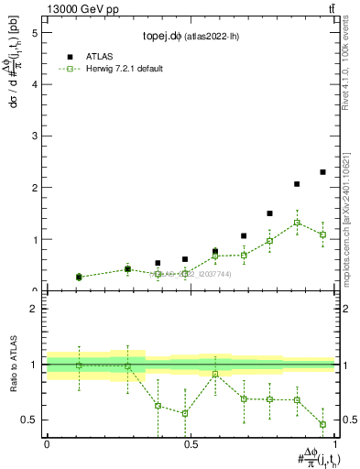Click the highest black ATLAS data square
[x=322, y=172]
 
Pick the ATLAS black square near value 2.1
[x=297, y=184]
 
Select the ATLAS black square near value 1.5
[x=269, y=213]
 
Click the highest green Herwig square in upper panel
[x=297, y=223]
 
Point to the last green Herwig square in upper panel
[x=322, y=234]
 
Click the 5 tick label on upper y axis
[x=34, y=32]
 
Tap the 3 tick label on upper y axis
[x=34, y=136]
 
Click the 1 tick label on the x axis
[x=334, y=444]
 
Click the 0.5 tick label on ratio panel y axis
[x=29, y=420]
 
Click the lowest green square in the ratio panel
[x=322, y=424]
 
